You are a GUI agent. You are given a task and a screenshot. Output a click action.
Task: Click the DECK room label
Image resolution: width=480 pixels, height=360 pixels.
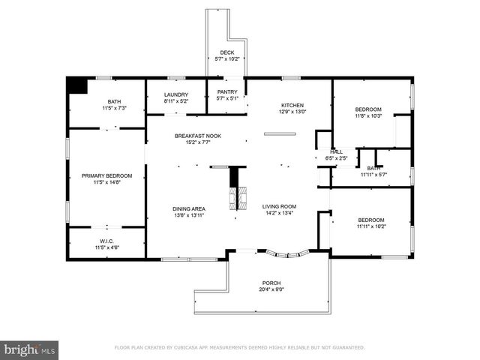226,52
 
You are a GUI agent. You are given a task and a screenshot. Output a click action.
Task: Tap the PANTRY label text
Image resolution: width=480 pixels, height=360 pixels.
226,92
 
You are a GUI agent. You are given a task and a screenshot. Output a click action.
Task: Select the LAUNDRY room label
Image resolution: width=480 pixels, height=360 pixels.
177,94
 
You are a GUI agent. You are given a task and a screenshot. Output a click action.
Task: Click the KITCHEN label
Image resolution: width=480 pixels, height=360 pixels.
292,105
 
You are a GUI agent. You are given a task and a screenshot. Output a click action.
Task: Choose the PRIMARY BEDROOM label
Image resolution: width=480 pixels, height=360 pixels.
106,175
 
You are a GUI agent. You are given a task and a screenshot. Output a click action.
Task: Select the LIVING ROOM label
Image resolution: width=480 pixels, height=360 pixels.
279,206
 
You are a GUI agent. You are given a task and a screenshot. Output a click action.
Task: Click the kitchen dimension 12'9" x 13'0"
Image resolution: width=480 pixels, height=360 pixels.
292,111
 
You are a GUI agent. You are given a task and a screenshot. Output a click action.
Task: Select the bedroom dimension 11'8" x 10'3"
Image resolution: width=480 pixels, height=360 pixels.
368,115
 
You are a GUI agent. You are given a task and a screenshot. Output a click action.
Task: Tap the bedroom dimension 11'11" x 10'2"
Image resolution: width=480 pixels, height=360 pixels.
370,226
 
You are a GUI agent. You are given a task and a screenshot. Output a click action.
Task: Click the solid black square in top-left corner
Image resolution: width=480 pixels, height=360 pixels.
77,85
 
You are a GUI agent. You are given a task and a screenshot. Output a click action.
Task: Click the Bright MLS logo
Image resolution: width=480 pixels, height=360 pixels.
29,349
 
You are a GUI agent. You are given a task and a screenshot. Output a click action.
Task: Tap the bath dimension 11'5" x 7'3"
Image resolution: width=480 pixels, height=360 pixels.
113,108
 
